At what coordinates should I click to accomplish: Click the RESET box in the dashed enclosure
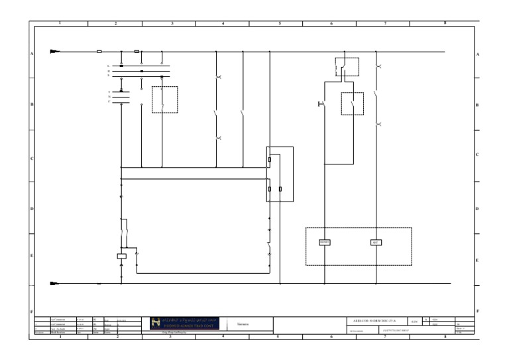tap(325, 242)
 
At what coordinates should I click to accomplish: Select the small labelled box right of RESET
tap(374, 242)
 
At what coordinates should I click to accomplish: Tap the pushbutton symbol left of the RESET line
tap(321, 104)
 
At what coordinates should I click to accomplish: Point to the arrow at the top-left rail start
tap(55, 51)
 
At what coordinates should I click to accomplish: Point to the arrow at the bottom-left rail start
tap(55, 284)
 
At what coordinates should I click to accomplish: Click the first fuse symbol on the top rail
tap(99, 51)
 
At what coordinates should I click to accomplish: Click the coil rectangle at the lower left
tap(121, 255)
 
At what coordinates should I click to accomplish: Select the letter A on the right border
tap(478, 54)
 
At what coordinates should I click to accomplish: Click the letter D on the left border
tap(31, 208)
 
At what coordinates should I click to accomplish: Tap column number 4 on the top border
tap(223, 23)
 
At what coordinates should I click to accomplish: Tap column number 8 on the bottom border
tap(444, 337)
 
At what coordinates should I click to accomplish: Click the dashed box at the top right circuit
tap(347, 66)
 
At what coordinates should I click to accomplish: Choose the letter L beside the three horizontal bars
tap(109, 66)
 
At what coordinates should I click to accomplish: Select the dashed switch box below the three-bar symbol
tap(164, 99)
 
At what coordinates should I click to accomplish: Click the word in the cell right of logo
tap(243, 324)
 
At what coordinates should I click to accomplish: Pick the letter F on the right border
tap(478, 310)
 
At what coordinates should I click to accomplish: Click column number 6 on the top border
tap(331, 23)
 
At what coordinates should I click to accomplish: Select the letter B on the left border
tap(31, 105)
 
